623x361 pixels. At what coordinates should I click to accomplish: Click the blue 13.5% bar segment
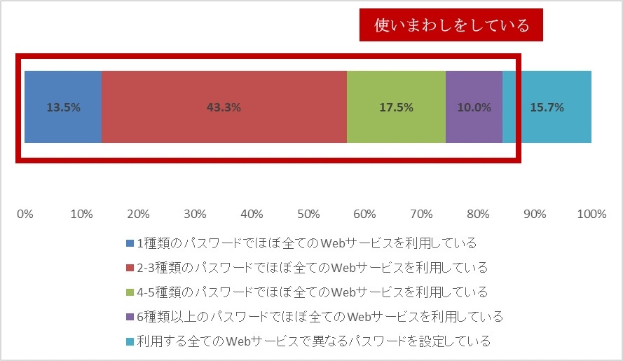[x=63, y=107]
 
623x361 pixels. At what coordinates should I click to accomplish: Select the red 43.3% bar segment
[x=224, y=107]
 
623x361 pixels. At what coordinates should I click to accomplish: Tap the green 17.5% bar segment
[x=396, y=107]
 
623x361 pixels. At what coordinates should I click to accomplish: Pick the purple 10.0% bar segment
[x=474, y=107]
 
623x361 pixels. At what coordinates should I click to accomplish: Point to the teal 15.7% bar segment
[x=547, y=107]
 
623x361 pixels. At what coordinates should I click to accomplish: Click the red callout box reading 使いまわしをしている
[x=451, y=26]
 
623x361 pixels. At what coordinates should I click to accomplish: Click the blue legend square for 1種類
[x=130, y=243]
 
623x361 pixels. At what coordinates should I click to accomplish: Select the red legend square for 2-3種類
[x=130, y=268]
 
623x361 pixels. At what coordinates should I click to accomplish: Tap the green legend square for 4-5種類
[x=130, y=292]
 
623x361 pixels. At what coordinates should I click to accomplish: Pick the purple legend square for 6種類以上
[x=130, y=317]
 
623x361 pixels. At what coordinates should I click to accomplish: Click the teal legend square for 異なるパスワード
[x=130, y=342]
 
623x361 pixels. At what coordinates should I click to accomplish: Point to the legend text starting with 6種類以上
[x=320, y=317]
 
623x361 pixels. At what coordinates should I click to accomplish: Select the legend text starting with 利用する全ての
[x=313, y=342]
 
